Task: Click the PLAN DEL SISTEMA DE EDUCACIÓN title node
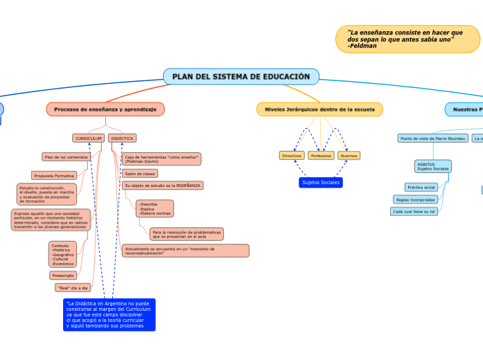tap(241, 76)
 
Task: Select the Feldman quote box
tap(407, 39)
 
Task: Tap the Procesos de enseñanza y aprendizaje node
tap(105, 109)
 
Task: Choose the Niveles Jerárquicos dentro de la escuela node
tap(319, 109)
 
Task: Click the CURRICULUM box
tap(89, 138)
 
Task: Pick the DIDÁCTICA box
tap(122, 138)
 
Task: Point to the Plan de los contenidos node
tap(66, 156)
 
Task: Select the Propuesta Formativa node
tap(54, 175)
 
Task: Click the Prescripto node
tap(63, 275)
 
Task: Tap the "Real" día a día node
tap(73, 287)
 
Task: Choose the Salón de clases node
tap(140, 173)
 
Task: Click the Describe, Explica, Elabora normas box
tap(155, 208)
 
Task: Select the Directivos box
tap(292, 156)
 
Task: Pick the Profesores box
tap(321, 156)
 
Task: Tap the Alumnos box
tap(349, 156)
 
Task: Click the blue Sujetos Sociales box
tap(321, 182)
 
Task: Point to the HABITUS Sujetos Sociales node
tap(432, 166)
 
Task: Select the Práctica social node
tap(421, 187)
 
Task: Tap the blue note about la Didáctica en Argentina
tap(108, 314)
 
